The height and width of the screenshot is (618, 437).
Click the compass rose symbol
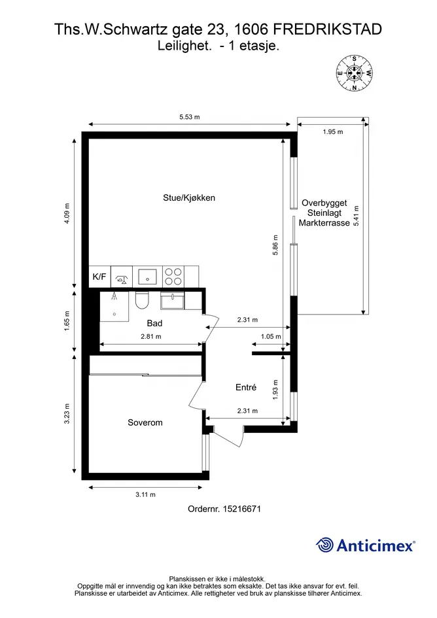[354, 73]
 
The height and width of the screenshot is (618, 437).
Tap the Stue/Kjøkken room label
[189, 198]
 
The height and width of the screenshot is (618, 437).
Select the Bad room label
[154, 323]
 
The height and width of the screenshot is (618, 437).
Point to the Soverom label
[145, 422]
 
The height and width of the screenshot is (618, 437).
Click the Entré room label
[246, 387]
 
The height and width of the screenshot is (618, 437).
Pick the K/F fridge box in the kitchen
[99, 276]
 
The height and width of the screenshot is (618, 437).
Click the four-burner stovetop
[173, 276]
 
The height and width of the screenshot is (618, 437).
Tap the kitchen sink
[147, 276]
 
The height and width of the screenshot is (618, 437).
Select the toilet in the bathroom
[141, 301]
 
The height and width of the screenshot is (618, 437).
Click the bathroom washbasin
[172, 300]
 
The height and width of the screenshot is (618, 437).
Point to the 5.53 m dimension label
[189, 117]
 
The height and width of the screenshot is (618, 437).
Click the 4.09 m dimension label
[67, 214]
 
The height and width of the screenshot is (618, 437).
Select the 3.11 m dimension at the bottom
[145, 494]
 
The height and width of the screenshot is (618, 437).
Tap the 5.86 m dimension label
[275, 245]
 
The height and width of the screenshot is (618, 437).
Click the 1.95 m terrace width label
[333, 132]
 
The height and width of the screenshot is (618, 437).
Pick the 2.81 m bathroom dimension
[151, 337]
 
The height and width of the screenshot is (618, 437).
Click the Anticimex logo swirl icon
[325, 545]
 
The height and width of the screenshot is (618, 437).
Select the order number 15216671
[242, 509]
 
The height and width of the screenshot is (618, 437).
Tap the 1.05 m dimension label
[271, 337]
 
